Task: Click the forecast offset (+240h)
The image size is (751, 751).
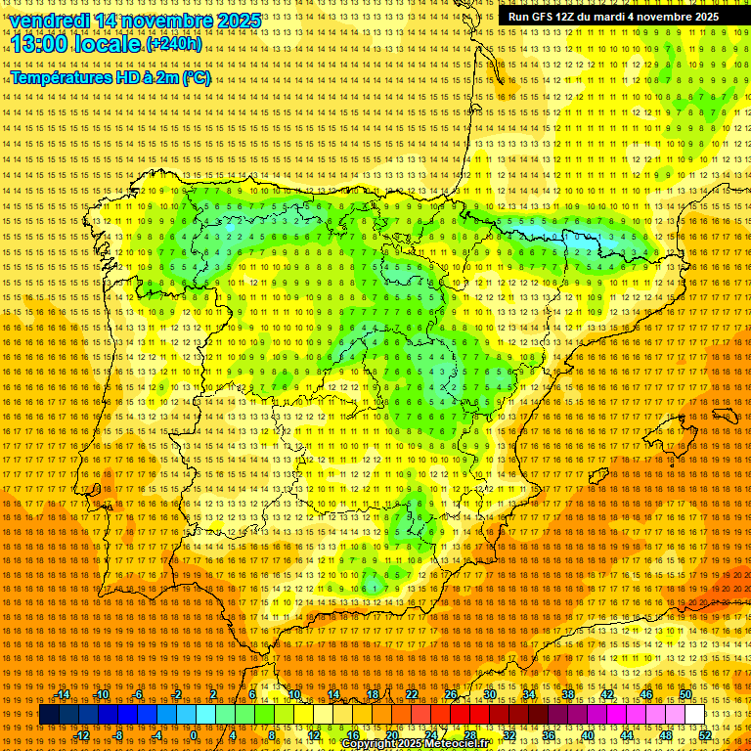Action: (174, 44)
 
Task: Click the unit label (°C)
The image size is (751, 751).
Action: (196, 78)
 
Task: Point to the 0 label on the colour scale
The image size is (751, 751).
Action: (194, 735)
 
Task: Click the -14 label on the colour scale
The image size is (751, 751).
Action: (63, 694)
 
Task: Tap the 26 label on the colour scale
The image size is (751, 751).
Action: (450, 694)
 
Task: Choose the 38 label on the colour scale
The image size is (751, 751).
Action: (567, 694)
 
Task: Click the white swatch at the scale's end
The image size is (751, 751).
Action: (694, 715)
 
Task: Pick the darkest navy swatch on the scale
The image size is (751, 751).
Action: (49, 715)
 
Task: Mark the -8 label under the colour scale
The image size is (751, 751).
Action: (119, 735)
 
